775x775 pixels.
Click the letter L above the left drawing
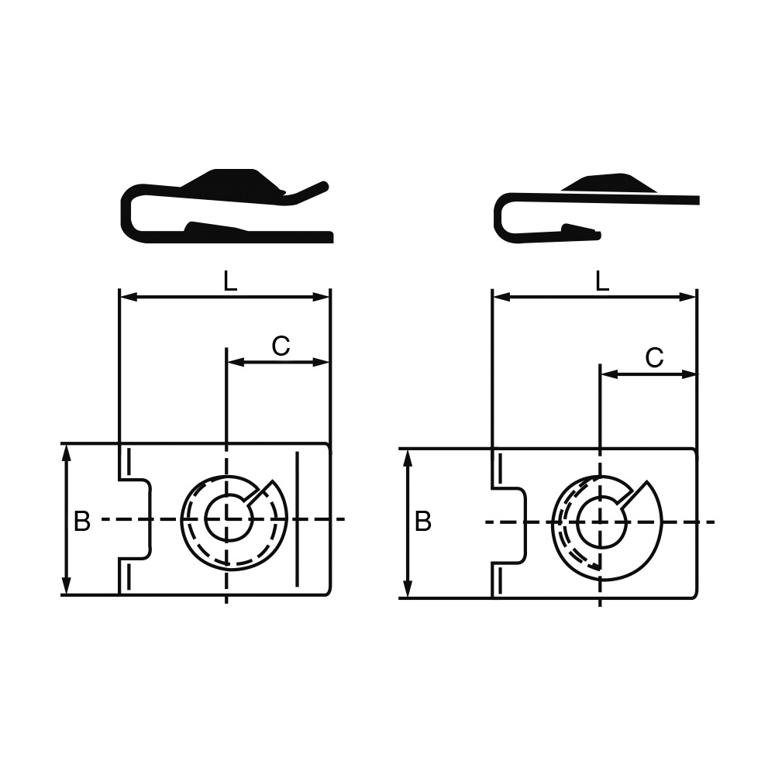(x=230, y=281)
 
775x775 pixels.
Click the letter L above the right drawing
(x=602, y=281)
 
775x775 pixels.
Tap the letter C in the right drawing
(x=654, y=357)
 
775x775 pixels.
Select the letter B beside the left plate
(x=82, y=521)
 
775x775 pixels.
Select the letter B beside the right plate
(x=423, y=522)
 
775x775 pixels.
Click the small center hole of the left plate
(x=229, y=519)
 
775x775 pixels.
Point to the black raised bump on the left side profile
(x=232, y=183)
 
